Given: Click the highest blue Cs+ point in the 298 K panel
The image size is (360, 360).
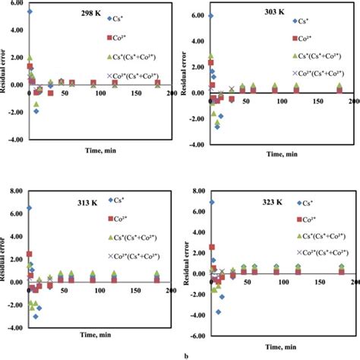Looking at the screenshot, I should [x=30, y=11].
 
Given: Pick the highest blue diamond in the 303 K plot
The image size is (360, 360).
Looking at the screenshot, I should [x=210, y=15].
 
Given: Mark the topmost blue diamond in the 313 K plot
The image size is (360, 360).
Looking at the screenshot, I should [x=29, y=207].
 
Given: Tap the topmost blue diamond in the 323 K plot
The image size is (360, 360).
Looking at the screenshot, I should [x=211, y=203].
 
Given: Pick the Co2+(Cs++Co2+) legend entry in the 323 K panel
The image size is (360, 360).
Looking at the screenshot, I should [x=314, y=251].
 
